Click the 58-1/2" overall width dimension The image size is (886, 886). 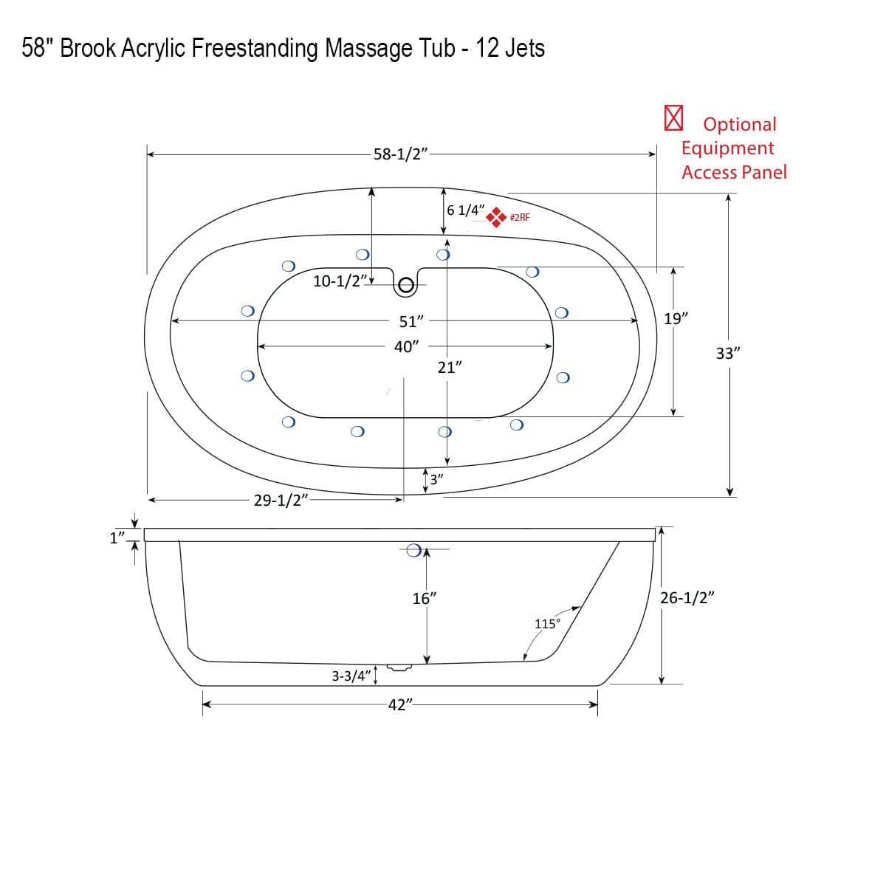coord(400,154)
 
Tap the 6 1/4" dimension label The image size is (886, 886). coord(465,210)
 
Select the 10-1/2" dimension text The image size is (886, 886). coord(340,281)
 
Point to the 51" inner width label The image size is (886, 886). coord(411,322)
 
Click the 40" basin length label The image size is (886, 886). coord(406,347)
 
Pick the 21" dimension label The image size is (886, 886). coord(450,368)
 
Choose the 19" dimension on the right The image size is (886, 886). coord(676,319)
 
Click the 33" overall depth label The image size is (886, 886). coord(728,354)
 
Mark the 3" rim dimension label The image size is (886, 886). coord(436,479)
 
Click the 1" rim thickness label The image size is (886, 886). coord(117,538)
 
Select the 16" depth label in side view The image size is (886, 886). coord(425,599)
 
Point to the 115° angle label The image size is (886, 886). coord(547,624)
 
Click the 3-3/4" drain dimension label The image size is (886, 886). coord(351,676)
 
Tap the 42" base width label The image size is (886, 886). coord(399,705)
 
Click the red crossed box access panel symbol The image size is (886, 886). coord(673,118)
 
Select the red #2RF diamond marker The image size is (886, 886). coord(496,216)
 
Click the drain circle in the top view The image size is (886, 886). coord(405,286)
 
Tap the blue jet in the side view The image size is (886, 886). coord(414,550)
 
